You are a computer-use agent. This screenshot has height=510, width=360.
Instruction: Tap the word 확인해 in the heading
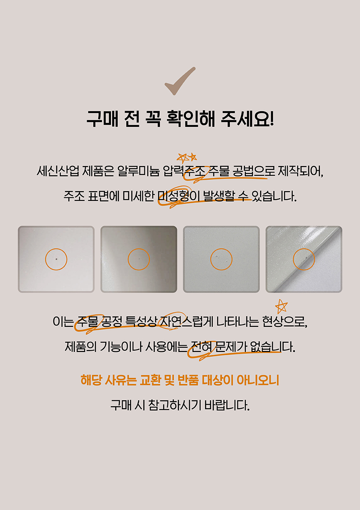pos(191,119)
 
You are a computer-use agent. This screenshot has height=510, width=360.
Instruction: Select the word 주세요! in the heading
pos(247,119)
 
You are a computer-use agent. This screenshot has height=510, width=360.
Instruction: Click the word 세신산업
pos(58,171)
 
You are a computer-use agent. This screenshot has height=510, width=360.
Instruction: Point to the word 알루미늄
pos(139,171)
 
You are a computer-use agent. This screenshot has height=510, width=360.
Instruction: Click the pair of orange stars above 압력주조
pos(187,158)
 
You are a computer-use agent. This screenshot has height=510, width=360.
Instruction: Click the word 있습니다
pos(274,196)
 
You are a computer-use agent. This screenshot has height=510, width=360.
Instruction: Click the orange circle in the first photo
pos(56,249)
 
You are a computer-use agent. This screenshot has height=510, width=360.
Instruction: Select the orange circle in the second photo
pos(139,249)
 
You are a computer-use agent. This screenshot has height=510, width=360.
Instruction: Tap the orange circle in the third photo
pos(221,249)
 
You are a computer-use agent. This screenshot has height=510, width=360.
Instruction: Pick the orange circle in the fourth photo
pos(304,249)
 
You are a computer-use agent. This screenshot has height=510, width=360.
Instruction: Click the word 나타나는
pos(237,321)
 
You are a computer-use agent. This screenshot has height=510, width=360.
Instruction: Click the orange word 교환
pos(150,380)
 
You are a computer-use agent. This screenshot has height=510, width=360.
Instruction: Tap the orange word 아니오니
pos(258,380)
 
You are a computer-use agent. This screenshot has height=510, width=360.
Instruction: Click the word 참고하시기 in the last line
pos(175,405)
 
